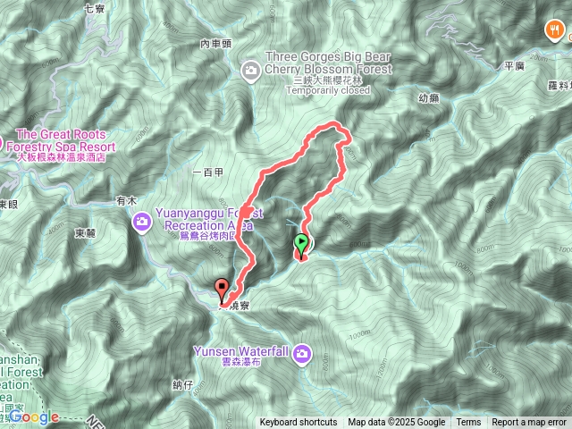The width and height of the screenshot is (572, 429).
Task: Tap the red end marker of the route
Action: pyautogui.click(x=222, y=288)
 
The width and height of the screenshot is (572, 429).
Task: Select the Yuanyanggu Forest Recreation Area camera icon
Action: pyautogui.click(x=142, y=221)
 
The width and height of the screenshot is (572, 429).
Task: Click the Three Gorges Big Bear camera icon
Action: pyautogui.click(x=251, y=69)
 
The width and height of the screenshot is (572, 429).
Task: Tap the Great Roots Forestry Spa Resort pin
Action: pyautogui.click(x=2, y=143)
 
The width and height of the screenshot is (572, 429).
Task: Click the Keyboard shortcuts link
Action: pyautogui.click(x=299, y=423)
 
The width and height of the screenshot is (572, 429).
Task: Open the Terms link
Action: pyautogui.click(x=468, y=423)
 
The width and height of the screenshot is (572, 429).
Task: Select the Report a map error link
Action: pyautogui.click(x=529, y=423)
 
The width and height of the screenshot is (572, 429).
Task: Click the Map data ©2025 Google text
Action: pyautogui.click(x=396, y=423)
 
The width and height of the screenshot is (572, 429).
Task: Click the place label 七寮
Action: pyautogui.click(x=94, y=8)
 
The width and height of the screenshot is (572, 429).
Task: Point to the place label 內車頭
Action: pyautogui.click(x=216, y=43)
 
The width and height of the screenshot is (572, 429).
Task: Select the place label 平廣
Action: pyautogui.click(x=514, y=65)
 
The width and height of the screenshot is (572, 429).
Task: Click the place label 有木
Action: pyautogui.click(x=124, y=202)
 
